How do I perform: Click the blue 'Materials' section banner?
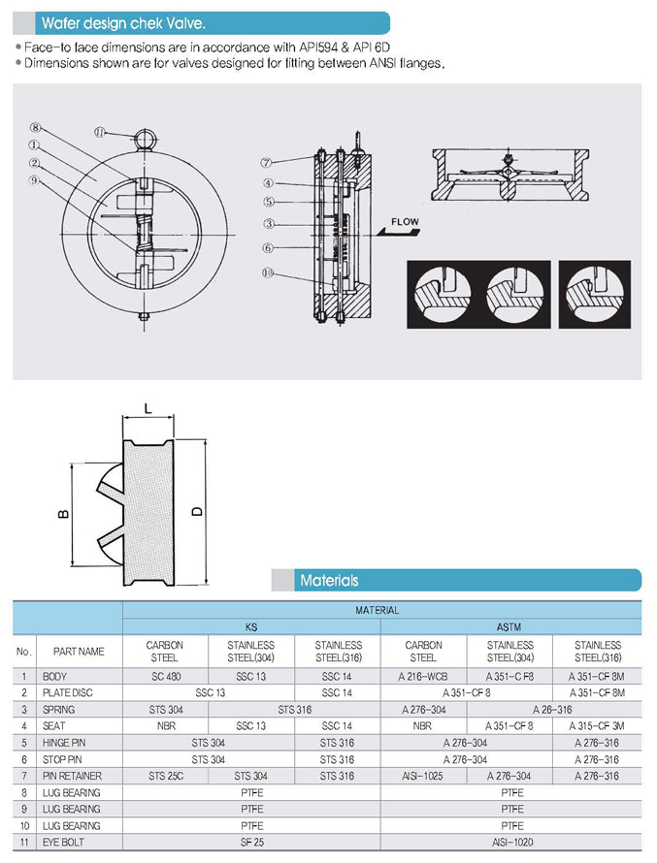point(329,580)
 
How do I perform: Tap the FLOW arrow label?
point(404,222)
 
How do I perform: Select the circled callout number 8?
point(35,127)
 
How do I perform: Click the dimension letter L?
point(147,410)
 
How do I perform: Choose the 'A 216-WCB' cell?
point(424,676)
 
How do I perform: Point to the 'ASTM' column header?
point(510,626)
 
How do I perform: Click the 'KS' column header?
point(251,626)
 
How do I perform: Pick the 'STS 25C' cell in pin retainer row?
point(164,776)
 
